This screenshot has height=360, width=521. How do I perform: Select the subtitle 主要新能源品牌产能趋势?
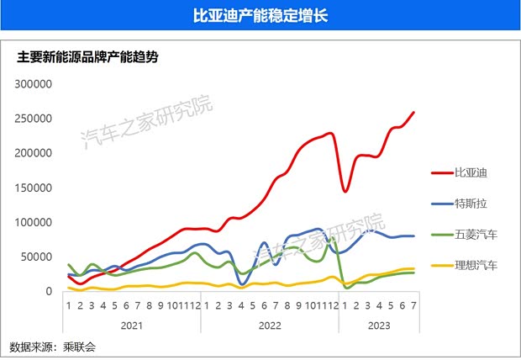88,58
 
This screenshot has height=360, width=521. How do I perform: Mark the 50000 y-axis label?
37,257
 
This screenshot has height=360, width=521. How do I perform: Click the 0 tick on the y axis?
49,291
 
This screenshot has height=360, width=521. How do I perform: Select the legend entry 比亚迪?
471,172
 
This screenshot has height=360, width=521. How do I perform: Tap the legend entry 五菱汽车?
476,234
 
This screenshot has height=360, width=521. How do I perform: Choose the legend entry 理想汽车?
476,265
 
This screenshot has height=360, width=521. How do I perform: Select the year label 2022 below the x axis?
269,324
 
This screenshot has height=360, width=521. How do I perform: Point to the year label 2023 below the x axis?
377,324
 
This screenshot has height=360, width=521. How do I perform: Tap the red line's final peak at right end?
413,112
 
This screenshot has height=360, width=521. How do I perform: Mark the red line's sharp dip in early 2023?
345,192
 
